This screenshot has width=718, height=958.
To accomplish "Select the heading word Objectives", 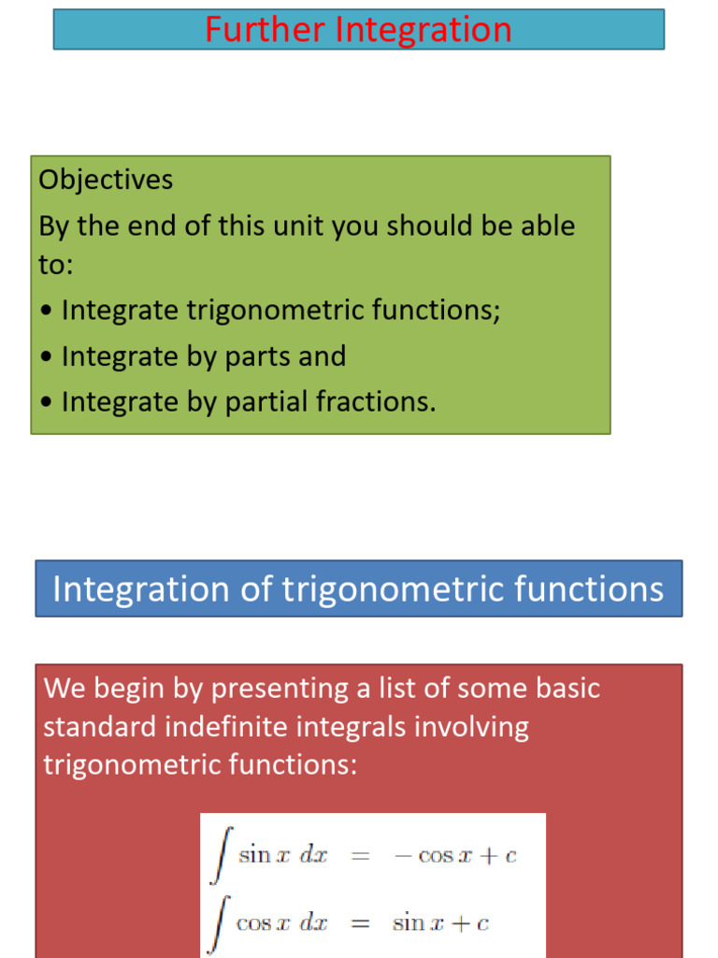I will (106, 180).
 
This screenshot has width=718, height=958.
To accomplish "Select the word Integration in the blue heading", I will (140, 589).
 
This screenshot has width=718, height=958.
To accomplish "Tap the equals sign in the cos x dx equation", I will (359, 924).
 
